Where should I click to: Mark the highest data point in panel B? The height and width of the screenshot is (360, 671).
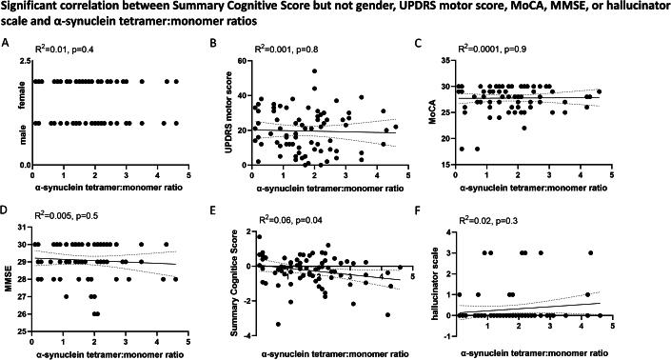315,70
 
